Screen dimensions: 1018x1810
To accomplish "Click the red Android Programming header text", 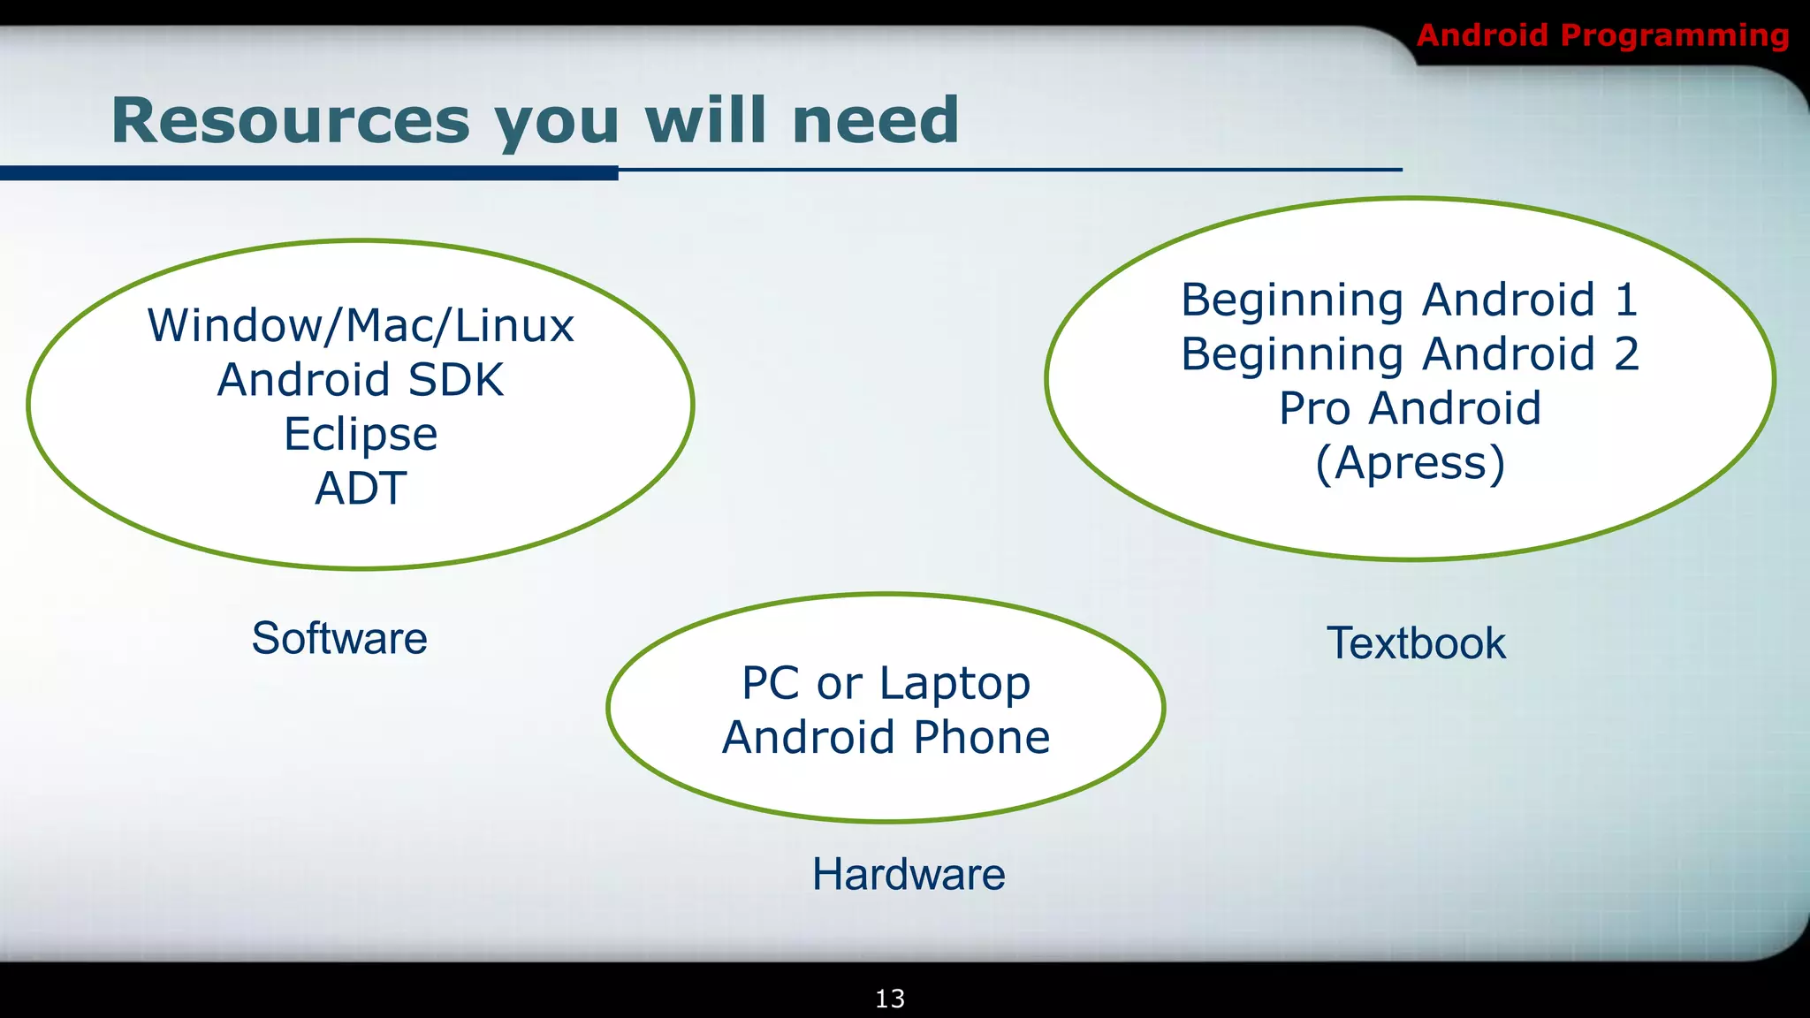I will click(1602, 35).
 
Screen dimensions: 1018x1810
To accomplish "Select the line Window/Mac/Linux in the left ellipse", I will click(361, 325).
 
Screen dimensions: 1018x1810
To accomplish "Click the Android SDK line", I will click(361, 380).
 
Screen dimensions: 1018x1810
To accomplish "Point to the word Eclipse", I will click(361, 434).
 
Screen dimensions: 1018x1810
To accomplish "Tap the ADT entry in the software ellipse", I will click(361, 488).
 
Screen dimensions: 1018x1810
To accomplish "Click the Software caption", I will click(339, 638).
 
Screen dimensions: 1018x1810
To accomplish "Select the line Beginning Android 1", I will click(1410, 300).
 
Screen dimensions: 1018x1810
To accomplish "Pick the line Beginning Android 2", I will click(1410, 353).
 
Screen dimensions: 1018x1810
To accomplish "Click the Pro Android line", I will click(1410, 408).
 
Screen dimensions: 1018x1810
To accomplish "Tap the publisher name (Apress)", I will click(1410, 463).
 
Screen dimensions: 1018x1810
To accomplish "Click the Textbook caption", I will click(1416, 643).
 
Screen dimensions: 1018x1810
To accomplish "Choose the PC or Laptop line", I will click(886, 683).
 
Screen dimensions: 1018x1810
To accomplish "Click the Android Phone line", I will click(886, 737).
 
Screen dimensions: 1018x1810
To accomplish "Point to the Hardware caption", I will click(909, 875).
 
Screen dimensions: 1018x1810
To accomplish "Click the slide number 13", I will click(890, 999).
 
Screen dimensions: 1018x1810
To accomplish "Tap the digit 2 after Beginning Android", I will click(1626, 353).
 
